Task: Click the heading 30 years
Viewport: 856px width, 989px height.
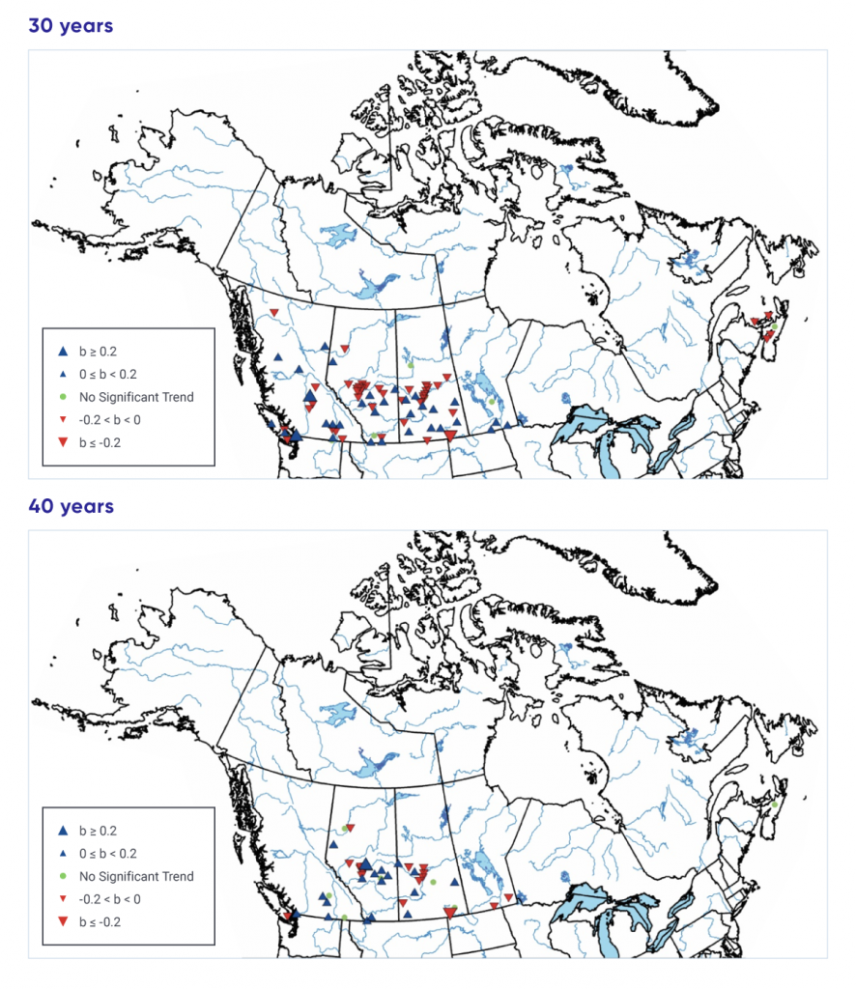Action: point(71,26)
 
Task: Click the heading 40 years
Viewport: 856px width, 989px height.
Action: point(71,506)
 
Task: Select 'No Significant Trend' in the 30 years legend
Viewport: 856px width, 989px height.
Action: point(136,397)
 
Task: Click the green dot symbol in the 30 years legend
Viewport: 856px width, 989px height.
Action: point(62,397)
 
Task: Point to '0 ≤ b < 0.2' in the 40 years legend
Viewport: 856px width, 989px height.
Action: point(108,854)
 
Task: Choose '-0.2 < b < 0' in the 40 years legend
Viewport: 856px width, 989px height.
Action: point(110,899)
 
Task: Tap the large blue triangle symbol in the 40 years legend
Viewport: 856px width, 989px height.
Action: point(62,831)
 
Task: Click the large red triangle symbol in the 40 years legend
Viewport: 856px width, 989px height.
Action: point(62,922)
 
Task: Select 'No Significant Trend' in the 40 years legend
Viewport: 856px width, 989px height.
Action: point(136,877)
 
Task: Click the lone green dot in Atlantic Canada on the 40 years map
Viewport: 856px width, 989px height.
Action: point(774,804)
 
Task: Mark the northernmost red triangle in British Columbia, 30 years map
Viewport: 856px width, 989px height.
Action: point(274,312)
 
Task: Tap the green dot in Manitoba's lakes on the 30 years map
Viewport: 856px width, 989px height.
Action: point(491,401)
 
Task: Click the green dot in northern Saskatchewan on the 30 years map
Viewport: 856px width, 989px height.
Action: point(411,365)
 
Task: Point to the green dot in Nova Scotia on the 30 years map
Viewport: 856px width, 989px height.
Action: point(773,326)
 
